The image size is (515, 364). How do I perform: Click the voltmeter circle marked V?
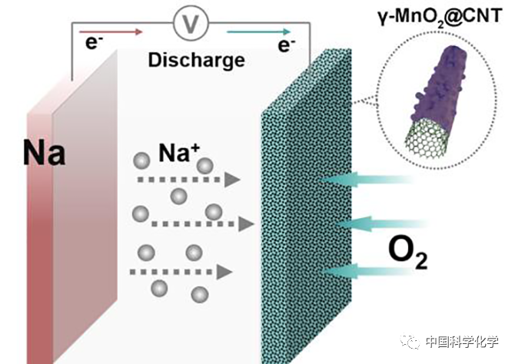pos(186,25)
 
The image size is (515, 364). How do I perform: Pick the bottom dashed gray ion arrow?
pos(181,271)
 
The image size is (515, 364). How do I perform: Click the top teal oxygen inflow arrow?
pos(364,180)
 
